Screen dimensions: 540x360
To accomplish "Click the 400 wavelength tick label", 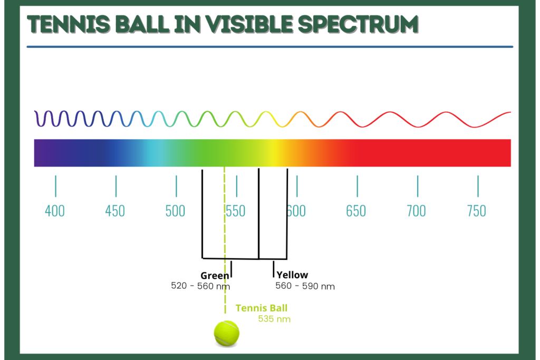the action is pos(55,211).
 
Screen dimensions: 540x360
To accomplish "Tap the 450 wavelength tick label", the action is pos(115,211).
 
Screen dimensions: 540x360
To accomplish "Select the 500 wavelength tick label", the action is pos(175,211).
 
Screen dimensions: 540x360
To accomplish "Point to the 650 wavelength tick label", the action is pos(356,211).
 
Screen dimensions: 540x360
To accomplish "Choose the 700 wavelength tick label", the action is pos(417,211).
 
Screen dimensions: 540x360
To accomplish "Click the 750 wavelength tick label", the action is pos(477,211).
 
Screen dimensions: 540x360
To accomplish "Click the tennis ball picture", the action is pos(227,333).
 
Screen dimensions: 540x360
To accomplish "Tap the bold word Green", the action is pos(215,276).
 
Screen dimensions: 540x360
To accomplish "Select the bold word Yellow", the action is pos(292,275).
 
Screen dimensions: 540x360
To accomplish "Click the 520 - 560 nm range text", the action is pos(200,286).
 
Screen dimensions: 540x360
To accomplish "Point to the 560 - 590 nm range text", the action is pos(305,286).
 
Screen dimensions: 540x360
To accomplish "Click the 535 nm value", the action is pos(274,319).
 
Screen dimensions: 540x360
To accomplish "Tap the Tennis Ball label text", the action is pos(262,308).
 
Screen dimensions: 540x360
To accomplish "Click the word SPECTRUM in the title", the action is pos(358,24).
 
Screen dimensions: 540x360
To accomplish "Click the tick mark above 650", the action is pos(358,186).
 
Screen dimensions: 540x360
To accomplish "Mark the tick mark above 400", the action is pos(56,186).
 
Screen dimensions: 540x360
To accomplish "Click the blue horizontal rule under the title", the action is pos(270,47).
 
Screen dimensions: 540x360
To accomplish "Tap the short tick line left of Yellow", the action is pos(274,269).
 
